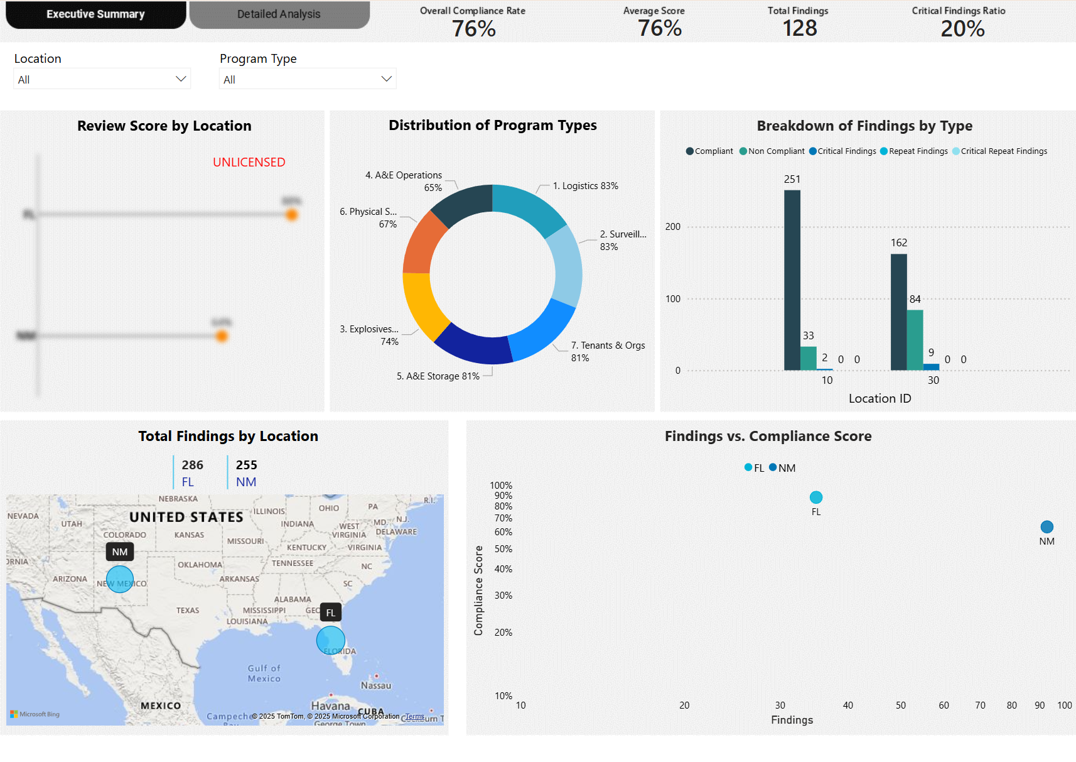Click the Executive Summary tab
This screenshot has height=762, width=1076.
(x=95, y=14)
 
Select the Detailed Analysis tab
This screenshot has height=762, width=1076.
(x=279, y=14)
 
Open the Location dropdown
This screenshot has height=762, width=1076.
(x=102, y=79)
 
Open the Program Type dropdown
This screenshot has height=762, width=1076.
(x=308, y=79)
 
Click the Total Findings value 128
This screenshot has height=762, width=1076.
(x=799, y=28)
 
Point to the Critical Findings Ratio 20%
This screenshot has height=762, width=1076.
(x=962, y=28)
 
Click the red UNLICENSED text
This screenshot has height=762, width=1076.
(x=249, y=162)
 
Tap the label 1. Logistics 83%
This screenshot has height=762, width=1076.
(x=585, y=186)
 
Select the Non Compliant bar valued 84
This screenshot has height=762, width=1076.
(x=915, y=339)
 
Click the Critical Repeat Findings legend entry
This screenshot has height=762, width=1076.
(x=999, y=151)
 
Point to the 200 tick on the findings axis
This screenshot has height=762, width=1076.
(x=672, y=227)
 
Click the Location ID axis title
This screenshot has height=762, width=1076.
(x=880, y=398)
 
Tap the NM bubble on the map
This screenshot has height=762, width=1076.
(x=120, y=579)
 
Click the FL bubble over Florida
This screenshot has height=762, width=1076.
(x=330, y=640)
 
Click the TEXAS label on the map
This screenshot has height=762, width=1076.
(x=188, y=611)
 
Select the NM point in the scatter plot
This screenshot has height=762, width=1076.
(x=1046, y=527)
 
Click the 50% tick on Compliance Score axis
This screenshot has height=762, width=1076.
(x=503, y=549)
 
